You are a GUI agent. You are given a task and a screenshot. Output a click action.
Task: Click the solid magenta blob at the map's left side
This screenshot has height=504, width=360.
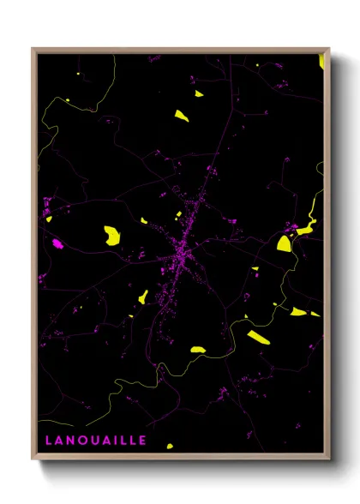coord(57,243)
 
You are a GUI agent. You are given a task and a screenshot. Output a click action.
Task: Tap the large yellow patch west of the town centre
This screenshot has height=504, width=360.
coord(111,233)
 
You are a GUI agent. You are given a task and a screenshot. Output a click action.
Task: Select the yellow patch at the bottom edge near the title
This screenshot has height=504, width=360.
coord(169,446)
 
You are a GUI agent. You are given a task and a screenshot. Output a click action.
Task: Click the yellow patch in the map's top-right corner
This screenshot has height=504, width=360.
coord(321,61)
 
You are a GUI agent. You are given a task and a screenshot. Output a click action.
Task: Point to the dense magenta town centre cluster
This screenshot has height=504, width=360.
coord(182,254)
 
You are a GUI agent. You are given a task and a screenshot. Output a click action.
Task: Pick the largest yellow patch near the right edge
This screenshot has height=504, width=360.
coord(285,243)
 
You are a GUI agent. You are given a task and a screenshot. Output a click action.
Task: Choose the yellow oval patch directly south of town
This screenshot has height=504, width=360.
coord(197,349)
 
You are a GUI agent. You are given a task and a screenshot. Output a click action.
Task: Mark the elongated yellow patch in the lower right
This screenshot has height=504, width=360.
coord(260,336)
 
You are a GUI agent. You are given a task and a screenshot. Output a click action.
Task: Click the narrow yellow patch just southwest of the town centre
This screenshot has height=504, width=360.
coord(143,297)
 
